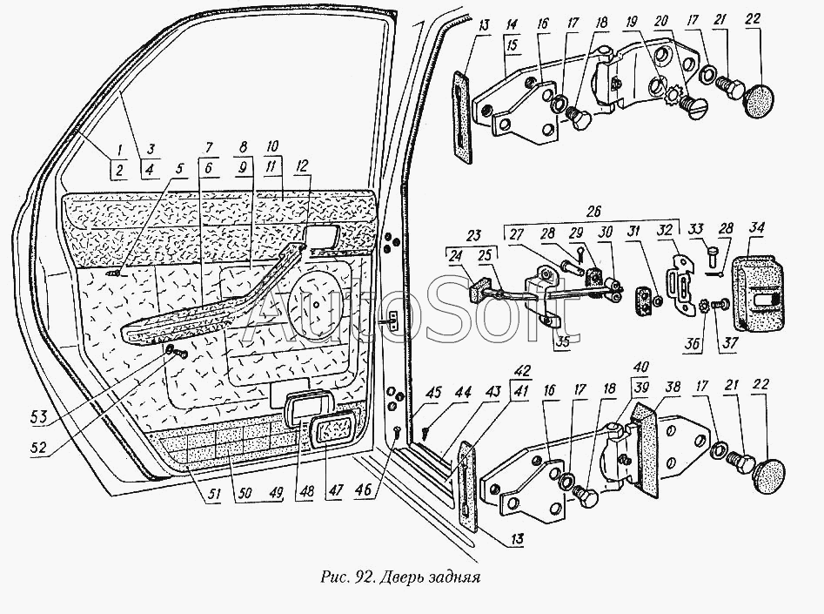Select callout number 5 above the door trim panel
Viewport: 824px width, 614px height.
182,171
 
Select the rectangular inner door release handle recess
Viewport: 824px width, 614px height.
322,236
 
